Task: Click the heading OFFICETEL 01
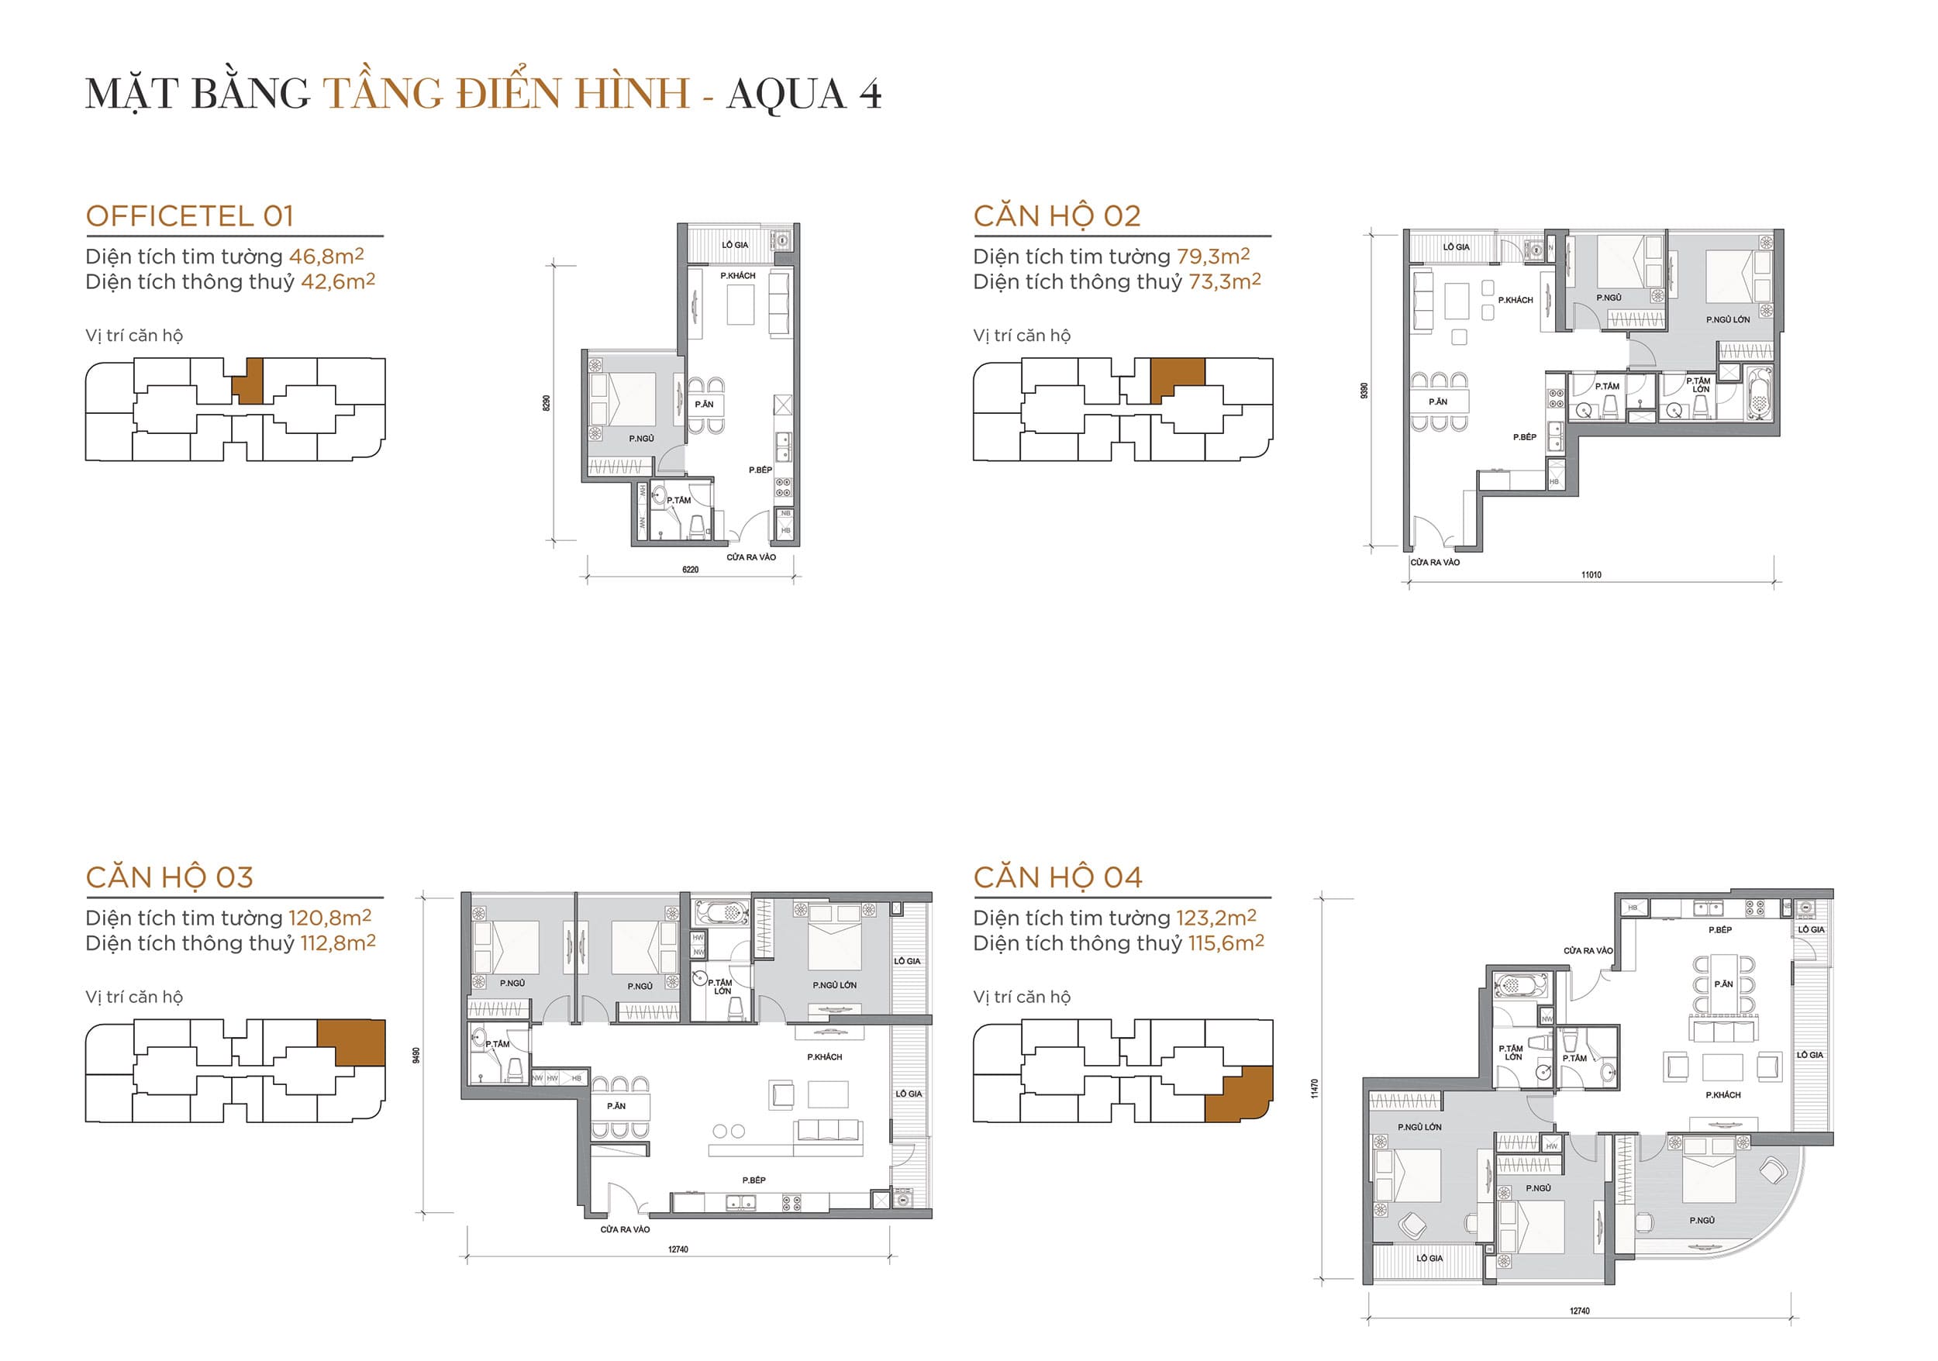click(x=190, y=216)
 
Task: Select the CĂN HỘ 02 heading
click(x=1057, y=216)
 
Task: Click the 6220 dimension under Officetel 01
click(x=691, y=570)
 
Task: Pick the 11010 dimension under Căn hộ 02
click(x=1591, y=574)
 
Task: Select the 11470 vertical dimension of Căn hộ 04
click(x=1314, y=1088)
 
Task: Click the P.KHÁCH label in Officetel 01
click(x=738, y=276)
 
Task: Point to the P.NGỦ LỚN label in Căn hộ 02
click(x=1728, y=320)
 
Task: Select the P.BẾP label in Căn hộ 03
click(x=753, y=1180)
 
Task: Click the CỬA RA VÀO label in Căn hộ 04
click(x=1588, y=951)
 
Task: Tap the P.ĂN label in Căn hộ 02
click(x=1438, y=401)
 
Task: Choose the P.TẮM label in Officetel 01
click(x=678, y=501)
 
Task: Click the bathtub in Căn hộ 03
click(x=720, y=912)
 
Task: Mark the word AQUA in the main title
click(x=786, y=94)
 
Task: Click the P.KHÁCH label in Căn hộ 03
click(x=824, y=1057)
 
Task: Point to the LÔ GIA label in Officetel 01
click(x=734, y=245)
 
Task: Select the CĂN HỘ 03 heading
click(x=170, y=877)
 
